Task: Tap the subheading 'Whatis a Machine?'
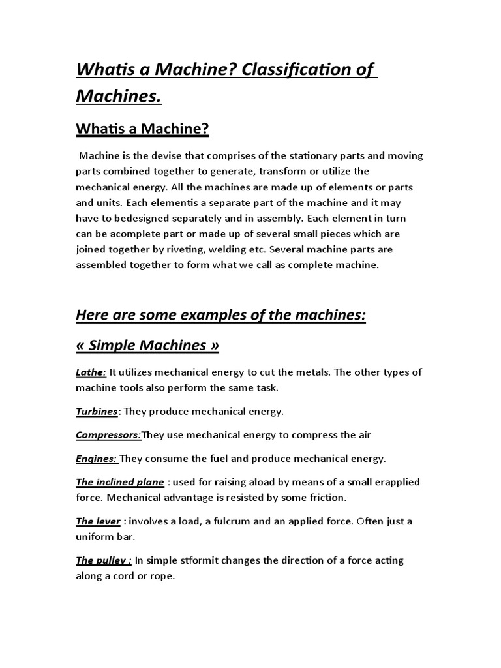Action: (142, 129)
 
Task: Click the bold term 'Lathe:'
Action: (91, 372)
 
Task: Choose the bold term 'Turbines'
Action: (97, 412)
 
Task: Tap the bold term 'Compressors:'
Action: (108, 435)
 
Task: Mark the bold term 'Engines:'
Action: (97, 459)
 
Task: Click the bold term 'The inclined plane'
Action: (119, 482)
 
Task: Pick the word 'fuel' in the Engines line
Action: (210, 459)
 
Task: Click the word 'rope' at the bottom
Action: (163, 576)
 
